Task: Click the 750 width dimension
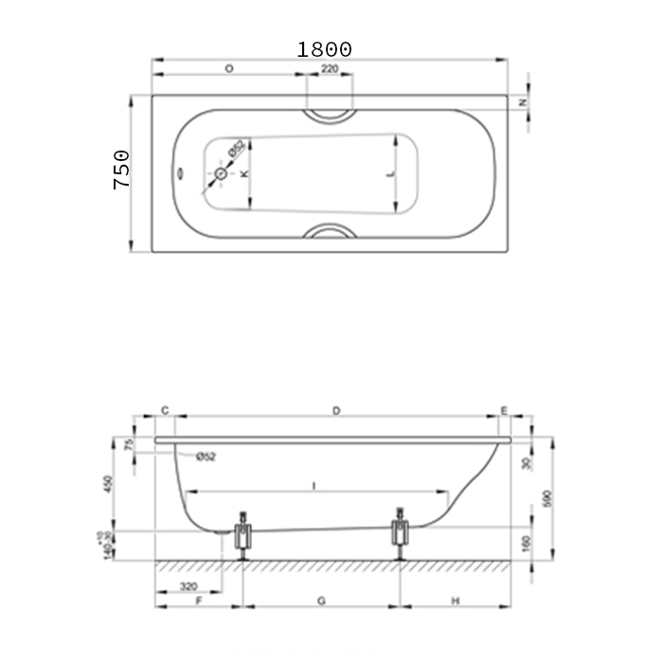pyautogui.click(x=122, y=170)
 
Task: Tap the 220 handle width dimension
pyautogui.click(x=330, y=70)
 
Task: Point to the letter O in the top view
pyautogui.click(x=229, y=70)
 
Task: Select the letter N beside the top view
pyautogui.click(x=523, y=101)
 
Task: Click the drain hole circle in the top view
pyautogui.click(x=222, y=174)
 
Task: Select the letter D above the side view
pyautogui.click(x=335, y=410)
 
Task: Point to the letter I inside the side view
pyautogui.click(x=314, y=485)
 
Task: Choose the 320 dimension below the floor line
pyautogui.click(x=188, y=586)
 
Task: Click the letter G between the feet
pyautogui.click(x=321, y=601)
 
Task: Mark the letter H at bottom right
pyautogui.click(x=456, y=601)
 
